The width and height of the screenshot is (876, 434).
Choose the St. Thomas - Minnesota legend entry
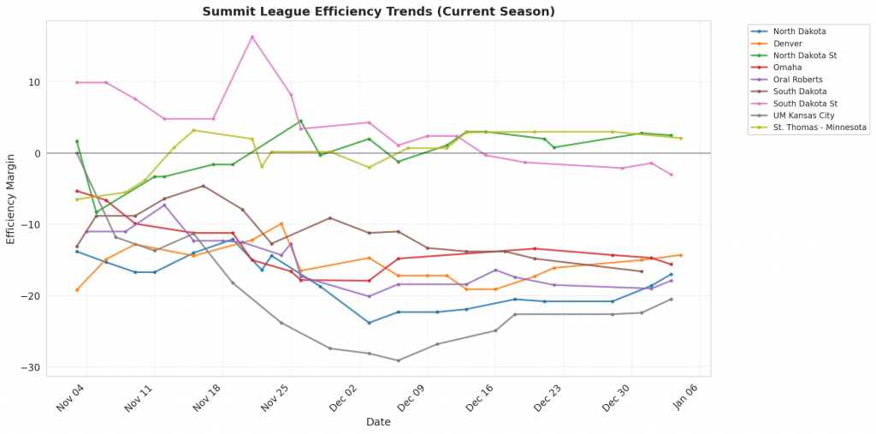click(x=822, y=128)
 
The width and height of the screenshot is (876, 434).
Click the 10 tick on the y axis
click(x=35, y=82)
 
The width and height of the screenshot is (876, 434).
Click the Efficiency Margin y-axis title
click(x=11, y=199)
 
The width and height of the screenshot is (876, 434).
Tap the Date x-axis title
click(x=378, y=422)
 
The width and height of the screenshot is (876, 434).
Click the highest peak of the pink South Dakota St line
click(x=252, y=37)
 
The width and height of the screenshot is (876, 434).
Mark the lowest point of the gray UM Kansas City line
click(x=398, y=360)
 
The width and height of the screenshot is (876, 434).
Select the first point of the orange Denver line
click(x=77, y=290)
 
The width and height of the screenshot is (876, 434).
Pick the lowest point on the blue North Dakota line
click(x=369, y=323)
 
